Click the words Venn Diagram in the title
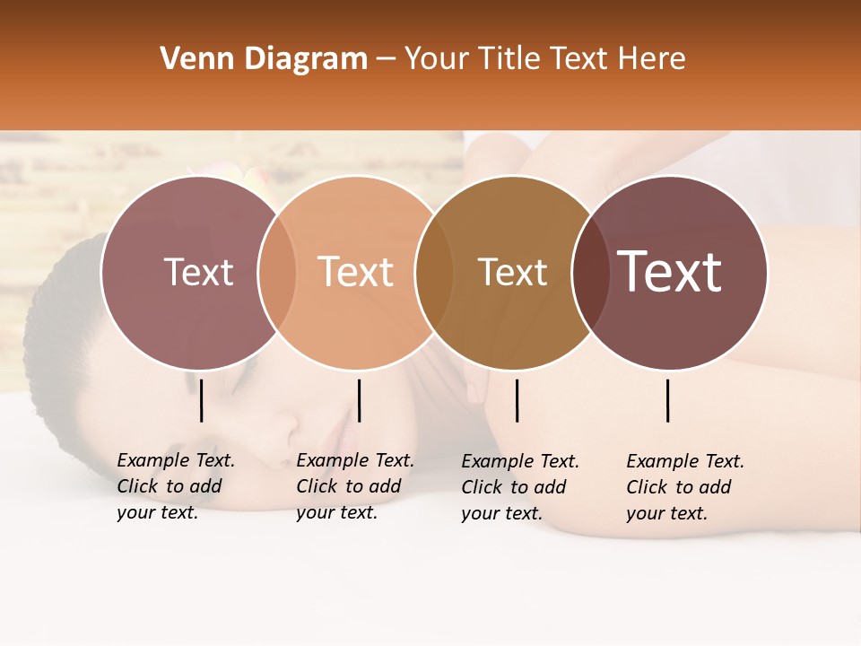point(264,59)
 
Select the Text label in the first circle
point(198,273)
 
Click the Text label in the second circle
point(355,273)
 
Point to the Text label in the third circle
point(512,273)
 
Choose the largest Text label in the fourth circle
point(669,272)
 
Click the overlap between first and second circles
point(277,273)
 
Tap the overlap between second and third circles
point(433,273)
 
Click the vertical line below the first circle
point(201,400)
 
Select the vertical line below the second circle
point(359,400)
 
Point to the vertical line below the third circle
point(517,400)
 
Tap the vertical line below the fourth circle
point(668,400)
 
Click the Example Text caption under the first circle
point(175,486)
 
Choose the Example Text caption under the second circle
point(354,486)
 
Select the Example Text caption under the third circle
point(519,487)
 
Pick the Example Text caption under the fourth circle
point(684,487)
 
